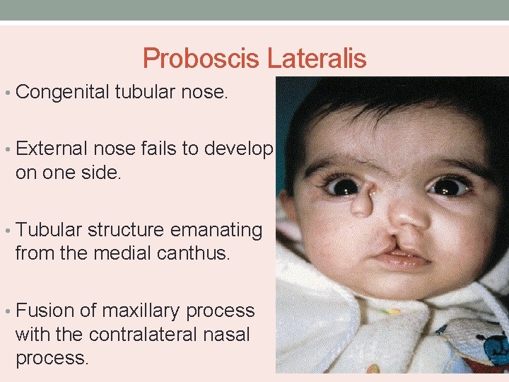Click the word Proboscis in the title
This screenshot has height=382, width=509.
201,58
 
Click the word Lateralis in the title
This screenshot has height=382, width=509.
317,58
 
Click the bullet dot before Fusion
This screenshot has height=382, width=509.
7,311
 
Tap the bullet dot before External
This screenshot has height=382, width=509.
7,149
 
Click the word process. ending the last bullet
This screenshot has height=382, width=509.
52,357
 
